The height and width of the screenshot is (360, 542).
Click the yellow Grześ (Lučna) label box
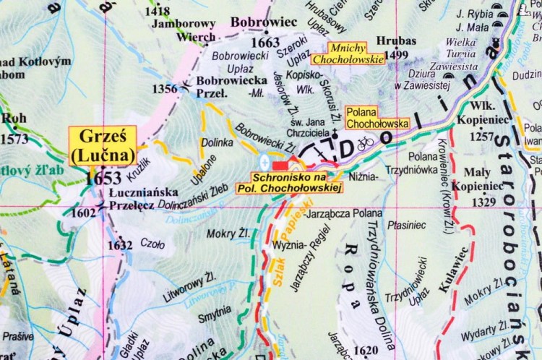(103, 147)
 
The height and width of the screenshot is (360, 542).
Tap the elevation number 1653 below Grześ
(103, 178)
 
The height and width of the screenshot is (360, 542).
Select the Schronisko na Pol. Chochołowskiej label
(289, 182)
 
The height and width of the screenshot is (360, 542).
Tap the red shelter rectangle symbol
(280, 166)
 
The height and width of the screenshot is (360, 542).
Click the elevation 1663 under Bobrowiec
(265, 43)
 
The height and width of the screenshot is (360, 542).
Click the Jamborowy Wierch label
(184, 30)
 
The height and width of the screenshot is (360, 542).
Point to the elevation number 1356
(165, 89)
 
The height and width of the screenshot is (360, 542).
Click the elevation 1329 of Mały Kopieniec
(484, 202)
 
